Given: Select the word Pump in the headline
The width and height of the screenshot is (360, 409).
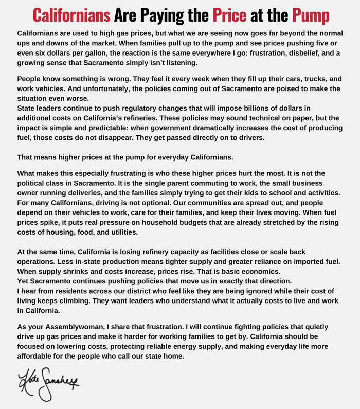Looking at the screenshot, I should pos(311,15).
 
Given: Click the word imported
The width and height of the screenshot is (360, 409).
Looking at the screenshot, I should pos(307,261).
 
